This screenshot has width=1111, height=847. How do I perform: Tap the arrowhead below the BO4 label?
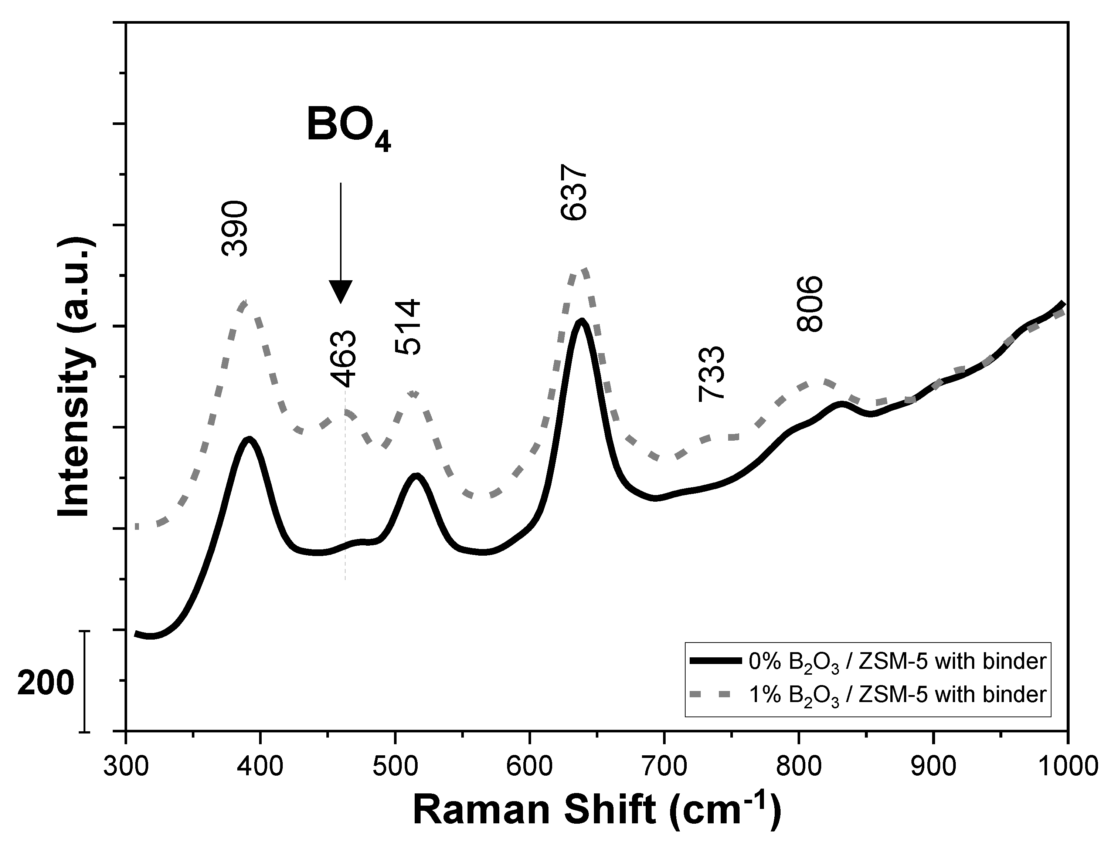click(341, 292)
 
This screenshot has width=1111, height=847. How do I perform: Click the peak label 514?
click(407, 327)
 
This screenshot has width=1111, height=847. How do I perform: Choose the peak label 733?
click(711, 373)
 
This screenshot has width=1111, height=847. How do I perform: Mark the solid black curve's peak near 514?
click(416, 475)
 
